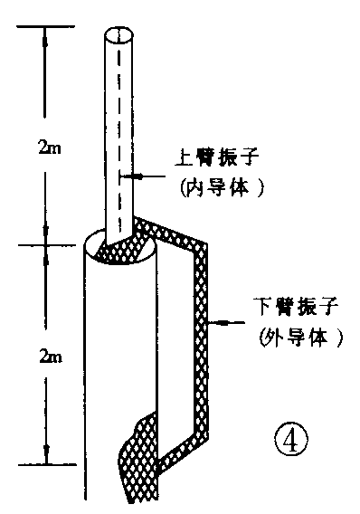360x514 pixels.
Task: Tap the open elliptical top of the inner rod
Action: [117, 36]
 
